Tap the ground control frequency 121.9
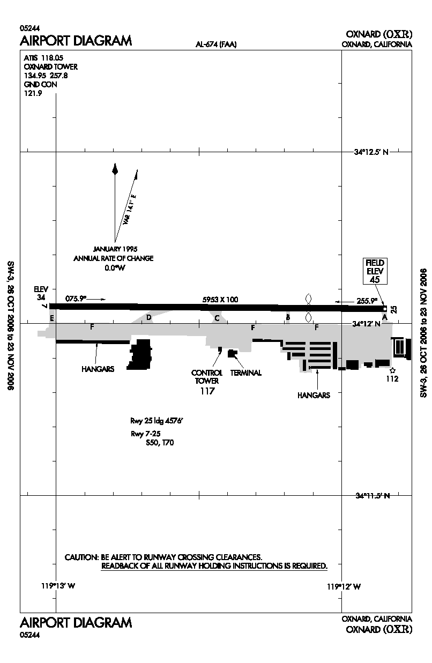pos(33,93)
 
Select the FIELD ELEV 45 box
pos(375,271)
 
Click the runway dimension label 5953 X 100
pos(220,300)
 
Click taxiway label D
pos(149,318)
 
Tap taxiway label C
pos(217,318)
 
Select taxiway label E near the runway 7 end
pos(52,318)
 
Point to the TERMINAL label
pos(246,373)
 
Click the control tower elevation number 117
pos(207,391)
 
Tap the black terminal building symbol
pos(233,353)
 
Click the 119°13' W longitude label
pos(58,586)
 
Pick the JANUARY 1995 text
pos(115,249)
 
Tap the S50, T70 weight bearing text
pos(160,443)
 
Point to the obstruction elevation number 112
pos(392,379)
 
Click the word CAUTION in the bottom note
pos(81,557)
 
